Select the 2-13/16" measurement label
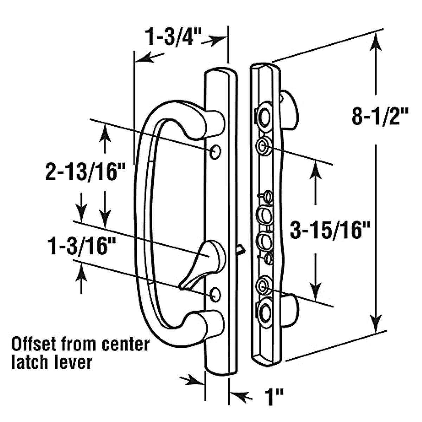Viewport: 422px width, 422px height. (86, 172)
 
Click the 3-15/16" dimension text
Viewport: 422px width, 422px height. (331, 231)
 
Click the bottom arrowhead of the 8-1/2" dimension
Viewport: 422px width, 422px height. (376, 322)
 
